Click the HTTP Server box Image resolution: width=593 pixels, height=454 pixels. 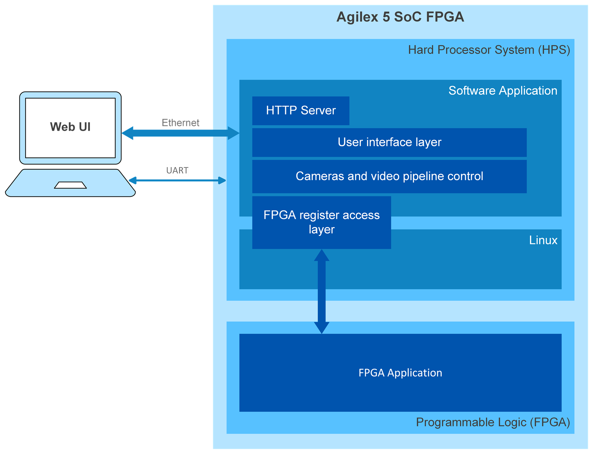coord(300,111)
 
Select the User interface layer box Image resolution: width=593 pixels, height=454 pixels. coord(389,142)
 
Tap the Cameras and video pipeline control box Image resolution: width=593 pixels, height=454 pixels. coord(389,176)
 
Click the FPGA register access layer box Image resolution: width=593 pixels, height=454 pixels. coord(321,222)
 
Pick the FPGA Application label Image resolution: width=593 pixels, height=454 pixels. coord(400,373)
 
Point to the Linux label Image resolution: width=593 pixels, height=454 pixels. coord(543,240)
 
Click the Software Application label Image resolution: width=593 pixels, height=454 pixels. coord(503,91)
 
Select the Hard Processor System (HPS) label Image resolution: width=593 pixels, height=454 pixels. coord(489,50)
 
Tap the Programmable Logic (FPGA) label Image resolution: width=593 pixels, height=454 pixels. coord(493,422)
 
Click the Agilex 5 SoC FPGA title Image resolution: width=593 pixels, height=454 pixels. coord(400,17)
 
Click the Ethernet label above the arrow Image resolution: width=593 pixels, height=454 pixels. coord(181,123)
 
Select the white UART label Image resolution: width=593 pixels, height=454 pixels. coord(177,170)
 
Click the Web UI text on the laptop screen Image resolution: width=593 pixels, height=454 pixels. coord(70,127)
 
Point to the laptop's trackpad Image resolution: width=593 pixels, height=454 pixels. coord(70,185)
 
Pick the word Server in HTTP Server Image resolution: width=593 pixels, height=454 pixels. coord(318,111)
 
